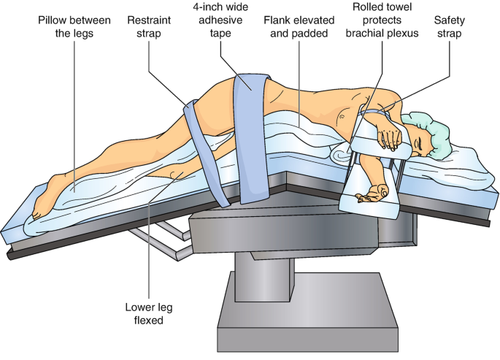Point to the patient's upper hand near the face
[x=390, y=134]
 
